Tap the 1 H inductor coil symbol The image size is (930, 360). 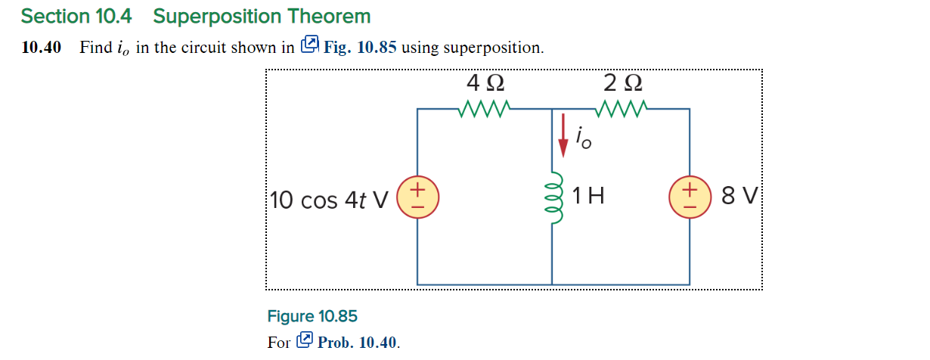coord(553,198)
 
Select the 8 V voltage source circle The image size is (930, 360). coord(690,198)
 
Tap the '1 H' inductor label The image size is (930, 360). coord(588,197)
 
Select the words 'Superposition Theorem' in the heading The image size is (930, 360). coord(262,16)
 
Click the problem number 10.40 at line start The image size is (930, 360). coord(42,48)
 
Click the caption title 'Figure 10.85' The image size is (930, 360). coord(312,316)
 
